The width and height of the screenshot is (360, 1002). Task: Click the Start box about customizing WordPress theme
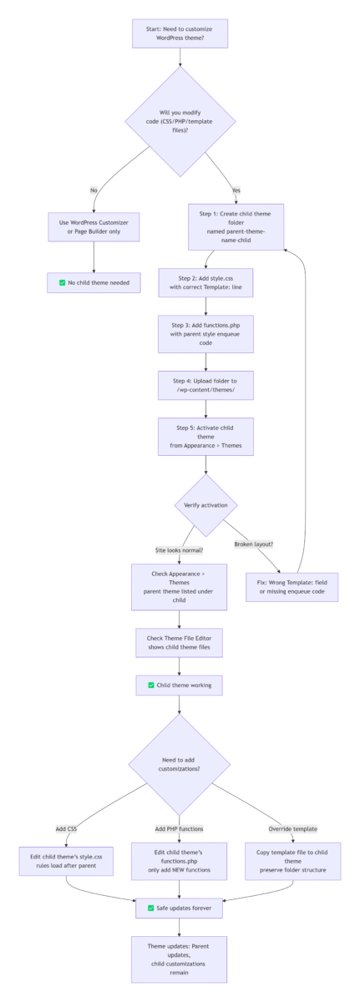click(x=180, y=33)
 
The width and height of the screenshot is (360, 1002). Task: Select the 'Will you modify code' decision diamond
click(x=180, y=121)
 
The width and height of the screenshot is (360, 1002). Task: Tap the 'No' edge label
click(x=94, y=190)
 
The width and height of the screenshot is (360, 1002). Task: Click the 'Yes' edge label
click(x=236, y=190)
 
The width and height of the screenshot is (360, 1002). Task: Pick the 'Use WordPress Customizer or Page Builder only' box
click(x=94, y=227)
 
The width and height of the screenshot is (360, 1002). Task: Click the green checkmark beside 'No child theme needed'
click(x=62, y=283)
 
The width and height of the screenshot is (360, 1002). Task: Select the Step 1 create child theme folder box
click(x=236, y=227)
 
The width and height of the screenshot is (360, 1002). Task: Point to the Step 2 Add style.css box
click(x=205, y=283)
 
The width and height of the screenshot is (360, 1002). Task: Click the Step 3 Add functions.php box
click(x=205, y=334)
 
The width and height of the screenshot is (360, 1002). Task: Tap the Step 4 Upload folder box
click(x=205, y=385)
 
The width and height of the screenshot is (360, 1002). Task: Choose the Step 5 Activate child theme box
click(x=205, y=437)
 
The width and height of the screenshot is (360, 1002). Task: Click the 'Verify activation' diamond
click(x=205, y=505)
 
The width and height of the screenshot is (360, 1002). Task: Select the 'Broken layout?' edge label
click(x=254, y=544)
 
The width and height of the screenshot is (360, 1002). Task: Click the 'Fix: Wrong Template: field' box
click(x=292, y=587)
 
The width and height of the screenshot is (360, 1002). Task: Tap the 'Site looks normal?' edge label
click(x=180, y=550)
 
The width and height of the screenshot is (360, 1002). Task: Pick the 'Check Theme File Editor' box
click(x=180, y=643)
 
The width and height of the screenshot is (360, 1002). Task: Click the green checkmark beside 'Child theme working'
click(x=151, y=686)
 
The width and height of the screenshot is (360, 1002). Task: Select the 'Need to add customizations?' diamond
click(x=180, y=765)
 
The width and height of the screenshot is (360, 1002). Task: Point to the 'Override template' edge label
click(x=293, y=829)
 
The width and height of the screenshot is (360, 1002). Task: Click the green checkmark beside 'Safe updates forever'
click(x=151, y=908)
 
